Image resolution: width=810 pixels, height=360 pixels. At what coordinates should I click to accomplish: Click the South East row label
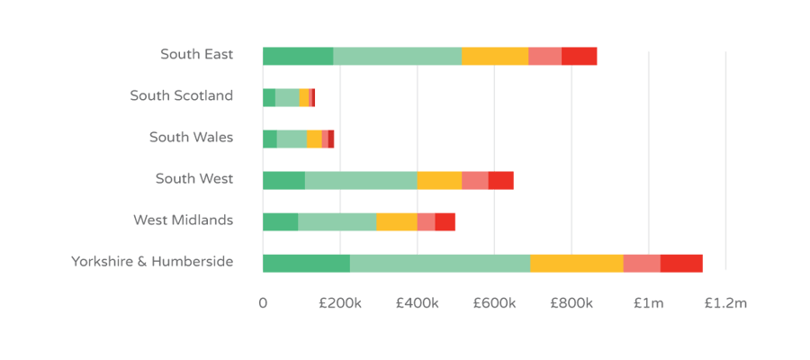(x=196, y=55)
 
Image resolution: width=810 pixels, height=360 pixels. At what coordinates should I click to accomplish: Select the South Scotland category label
(x=181, y=95)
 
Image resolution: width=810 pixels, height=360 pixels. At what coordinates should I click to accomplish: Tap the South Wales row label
(x=191, y=138)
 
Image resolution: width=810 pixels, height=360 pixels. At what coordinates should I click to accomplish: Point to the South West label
(x=194, y=178)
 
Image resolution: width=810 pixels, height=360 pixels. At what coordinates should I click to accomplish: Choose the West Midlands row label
(x=183, y=220)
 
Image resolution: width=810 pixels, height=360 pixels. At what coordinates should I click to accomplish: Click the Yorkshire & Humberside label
(x=152, y=262)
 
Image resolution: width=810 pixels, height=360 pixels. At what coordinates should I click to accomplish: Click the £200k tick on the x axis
(x=339, y=304)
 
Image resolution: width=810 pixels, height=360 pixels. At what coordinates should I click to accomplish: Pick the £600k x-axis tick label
(x=493, y=304)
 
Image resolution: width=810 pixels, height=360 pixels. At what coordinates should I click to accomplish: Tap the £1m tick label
(x=648, y=304)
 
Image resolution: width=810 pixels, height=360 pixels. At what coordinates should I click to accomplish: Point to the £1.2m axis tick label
(x=724, y=304)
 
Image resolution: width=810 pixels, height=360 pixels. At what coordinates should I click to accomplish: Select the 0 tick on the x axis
(x=263, y=304)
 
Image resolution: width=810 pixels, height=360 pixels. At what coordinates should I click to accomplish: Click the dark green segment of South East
(x=298, y=56)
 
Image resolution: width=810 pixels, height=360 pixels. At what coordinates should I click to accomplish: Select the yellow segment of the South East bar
(x=495, y=56)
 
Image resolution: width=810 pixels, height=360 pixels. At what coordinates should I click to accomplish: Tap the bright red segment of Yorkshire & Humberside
(x=681, y=263)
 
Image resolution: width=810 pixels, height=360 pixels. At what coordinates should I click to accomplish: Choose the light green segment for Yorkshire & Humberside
(x=440, y=263)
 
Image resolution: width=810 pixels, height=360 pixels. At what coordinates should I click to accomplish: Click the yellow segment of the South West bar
(x=439, y=180)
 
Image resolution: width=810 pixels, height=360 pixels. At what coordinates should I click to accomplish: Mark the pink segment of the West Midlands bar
(x=426, y=221)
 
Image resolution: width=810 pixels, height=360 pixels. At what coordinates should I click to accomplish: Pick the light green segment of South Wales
(x=292, y=139)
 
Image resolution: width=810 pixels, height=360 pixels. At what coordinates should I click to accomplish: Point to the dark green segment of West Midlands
(x=280, y=221)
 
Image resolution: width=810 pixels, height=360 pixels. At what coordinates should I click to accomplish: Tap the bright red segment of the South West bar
(x=501, y=180)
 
